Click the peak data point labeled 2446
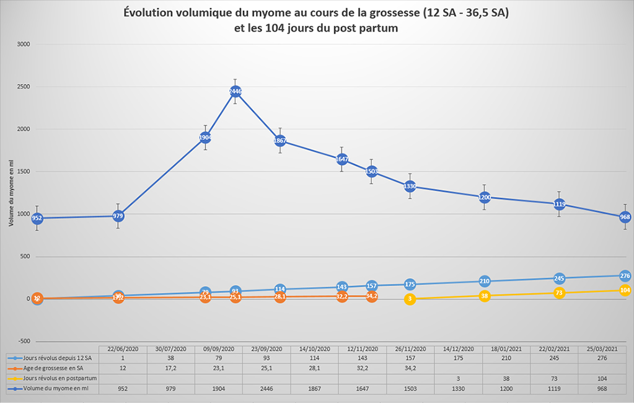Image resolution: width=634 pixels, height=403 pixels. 236,91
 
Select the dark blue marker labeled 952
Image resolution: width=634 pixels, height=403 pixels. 37,218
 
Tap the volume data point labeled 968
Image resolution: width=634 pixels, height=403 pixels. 625,217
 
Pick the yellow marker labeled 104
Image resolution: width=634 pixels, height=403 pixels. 625,290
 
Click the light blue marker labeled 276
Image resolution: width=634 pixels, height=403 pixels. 625,275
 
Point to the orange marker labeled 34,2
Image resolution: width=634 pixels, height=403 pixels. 372,296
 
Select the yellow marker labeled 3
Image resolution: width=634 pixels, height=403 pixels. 410,299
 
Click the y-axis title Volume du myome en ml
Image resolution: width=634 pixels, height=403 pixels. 11,192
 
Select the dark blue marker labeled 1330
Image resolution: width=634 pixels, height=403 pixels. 410,186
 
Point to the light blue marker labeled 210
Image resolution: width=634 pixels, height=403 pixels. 485,281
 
